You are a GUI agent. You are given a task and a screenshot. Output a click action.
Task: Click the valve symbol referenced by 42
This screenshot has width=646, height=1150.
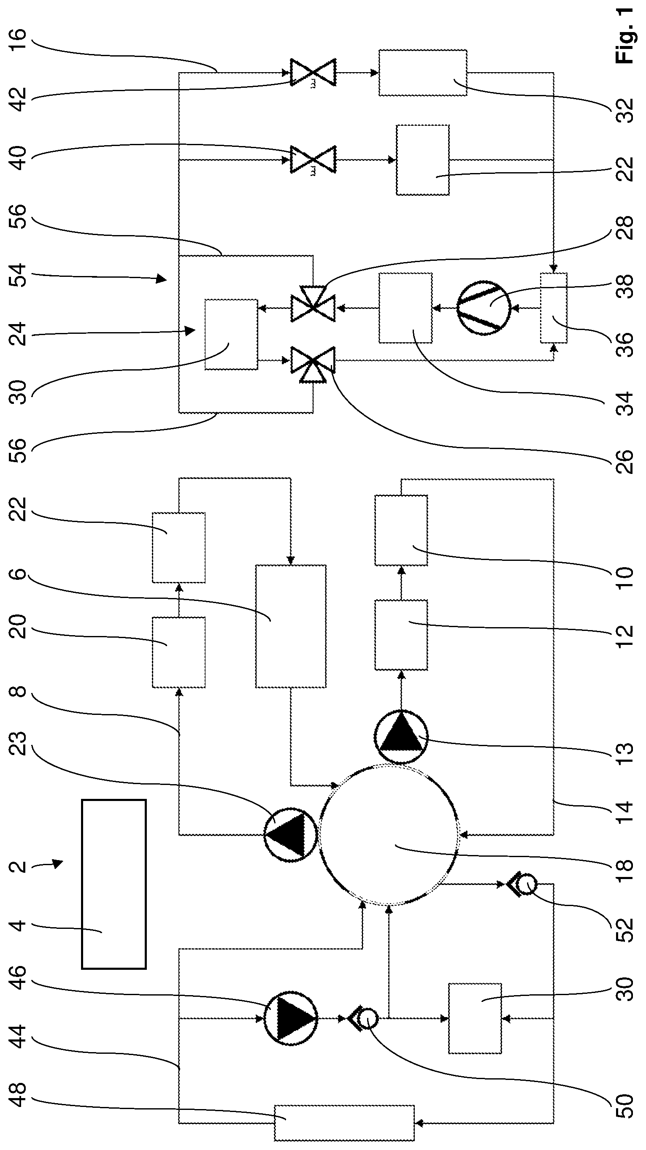(x=313, y=72)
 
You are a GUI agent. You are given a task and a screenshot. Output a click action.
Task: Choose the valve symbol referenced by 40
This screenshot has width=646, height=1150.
(x=313, y=160)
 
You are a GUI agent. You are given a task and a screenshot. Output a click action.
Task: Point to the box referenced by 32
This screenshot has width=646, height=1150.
(x=423, y=72)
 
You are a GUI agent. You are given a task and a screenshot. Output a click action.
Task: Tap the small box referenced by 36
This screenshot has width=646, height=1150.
(x=554, y=308)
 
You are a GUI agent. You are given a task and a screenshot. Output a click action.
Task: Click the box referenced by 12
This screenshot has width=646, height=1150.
(x=401, y=635)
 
